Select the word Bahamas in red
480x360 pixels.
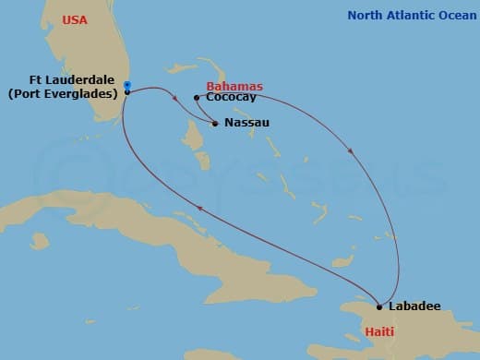click(234, 86)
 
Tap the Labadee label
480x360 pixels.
click(414, 306)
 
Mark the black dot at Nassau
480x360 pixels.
click(215, 123)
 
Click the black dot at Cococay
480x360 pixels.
click(197, 97)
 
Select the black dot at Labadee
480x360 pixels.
click(379, 306)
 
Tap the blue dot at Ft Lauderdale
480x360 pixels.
click(127, 85)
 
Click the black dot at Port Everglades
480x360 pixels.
click(127, 92)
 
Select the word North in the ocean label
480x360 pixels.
click(364, 16)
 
